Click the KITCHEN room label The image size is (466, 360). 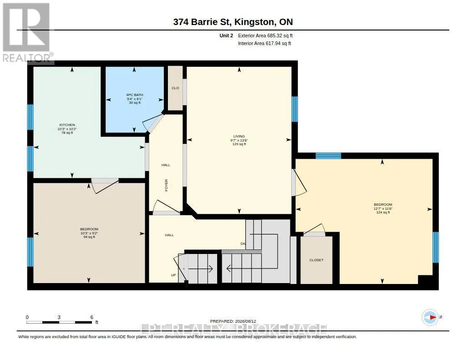67,125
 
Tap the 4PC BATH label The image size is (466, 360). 135,95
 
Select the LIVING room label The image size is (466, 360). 239,136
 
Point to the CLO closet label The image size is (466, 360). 175,88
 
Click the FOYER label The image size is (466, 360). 167,185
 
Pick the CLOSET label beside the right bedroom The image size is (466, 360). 316,260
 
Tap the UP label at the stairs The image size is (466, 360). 173,275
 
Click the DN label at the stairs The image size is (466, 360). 243,244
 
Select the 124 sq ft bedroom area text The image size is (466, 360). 383,213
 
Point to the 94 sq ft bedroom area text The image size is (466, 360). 89,237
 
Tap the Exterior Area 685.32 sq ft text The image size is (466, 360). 265,35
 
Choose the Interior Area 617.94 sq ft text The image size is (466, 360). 264,43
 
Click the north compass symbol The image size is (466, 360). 430,317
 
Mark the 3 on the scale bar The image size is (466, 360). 59,317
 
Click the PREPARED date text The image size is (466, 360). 233,321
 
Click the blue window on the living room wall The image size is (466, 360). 294,109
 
